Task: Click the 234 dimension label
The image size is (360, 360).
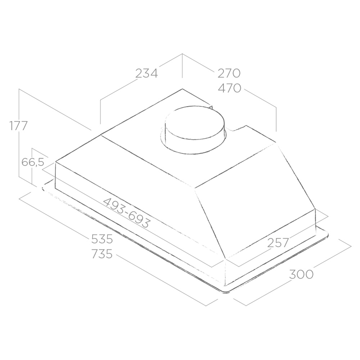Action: tap(147, 73)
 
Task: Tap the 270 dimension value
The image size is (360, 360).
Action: tap(229, 73)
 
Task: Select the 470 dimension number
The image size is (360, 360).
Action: tap(229, 88)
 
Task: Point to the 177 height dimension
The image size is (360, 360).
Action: tap(18, 126)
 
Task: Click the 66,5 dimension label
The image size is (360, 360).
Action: tap(33, 162)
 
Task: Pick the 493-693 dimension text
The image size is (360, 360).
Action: tap(127, 212)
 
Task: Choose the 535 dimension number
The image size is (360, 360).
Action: tap(102, 239)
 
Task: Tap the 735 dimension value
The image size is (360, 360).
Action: tap(102, 254)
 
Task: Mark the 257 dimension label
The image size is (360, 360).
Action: tap(278, 243)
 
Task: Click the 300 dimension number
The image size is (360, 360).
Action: tap(301, 274)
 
